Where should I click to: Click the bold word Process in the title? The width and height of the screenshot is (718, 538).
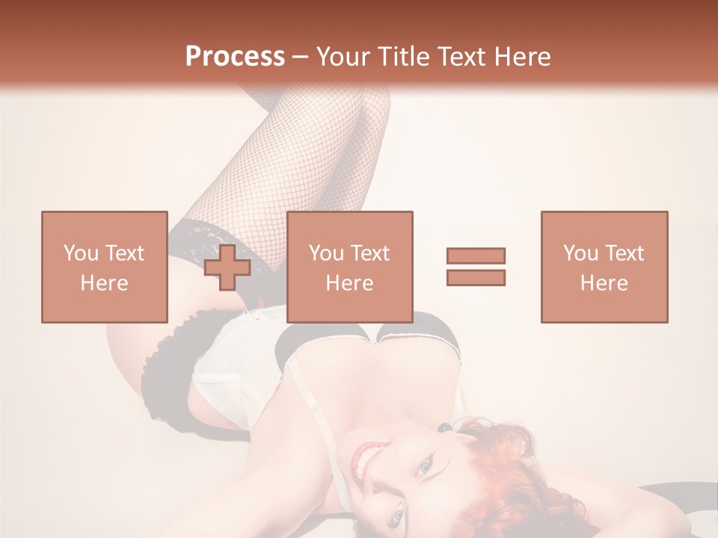pyautogui.click(x=235, y=57)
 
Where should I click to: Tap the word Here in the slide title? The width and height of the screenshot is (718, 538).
pyautogui.click(x=521, y=57)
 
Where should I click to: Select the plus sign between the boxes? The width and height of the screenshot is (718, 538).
pyautogui.click(x=227, y=268)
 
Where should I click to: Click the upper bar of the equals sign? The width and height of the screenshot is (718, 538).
pyautogui.click(x=476, y=256)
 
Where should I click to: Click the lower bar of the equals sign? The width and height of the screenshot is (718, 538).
pyautogui.click(x=476, y=278)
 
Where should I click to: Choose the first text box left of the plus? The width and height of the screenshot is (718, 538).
pyautogui.click(x=104, y=267)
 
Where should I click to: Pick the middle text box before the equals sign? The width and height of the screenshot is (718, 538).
pyautogui.click(x=349, y=267)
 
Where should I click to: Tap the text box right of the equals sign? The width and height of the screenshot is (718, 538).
pyautogui.click(x=604, y=267)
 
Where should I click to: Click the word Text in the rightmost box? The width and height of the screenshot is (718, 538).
pyautogui.click(x=622, y=253)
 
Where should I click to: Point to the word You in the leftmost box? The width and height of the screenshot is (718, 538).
pyautogui.click(x=79, y=253)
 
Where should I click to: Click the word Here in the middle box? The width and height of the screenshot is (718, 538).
pyautogui.click(x=349, y=283)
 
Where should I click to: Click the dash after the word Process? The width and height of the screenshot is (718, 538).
pyautogui.click(x=301, y=58)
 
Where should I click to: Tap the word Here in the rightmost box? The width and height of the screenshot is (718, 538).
pyautogui.click(x=604, y=283)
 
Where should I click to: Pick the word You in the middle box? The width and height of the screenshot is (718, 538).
pyautogui.click(x=325, y=253)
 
